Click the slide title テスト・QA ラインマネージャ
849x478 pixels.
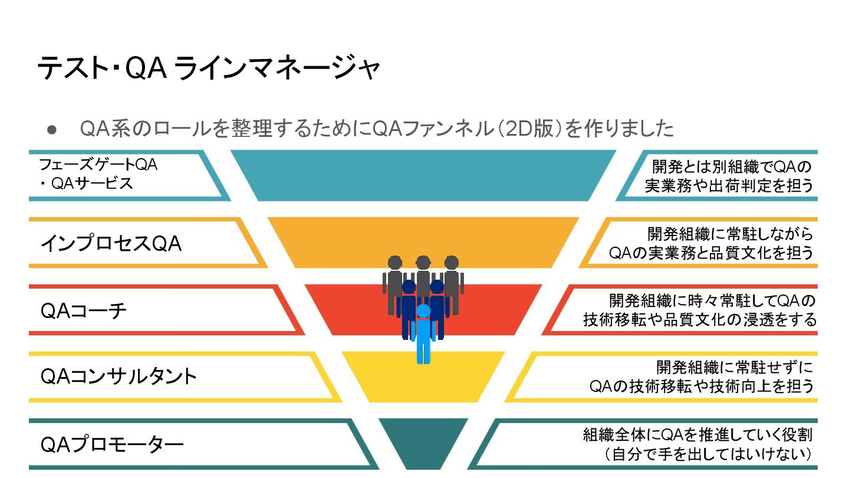click(x=209, y=68)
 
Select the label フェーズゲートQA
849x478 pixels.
click(x=98, y=165)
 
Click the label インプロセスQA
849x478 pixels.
click(x=111, y=243)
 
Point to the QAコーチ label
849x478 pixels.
click(x=83, y=310)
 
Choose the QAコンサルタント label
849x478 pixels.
click(x=119, y=376)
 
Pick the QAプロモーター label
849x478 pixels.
click(x=112, y=444)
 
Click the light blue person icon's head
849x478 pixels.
click(x=423, y=311)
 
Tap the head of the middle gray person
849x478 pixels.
click(x=423, y=263)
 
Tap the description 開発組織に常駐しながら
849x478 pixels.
click(x=730, y=234)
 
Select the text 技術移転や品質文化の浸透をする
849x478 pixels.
click(x=700, y=320)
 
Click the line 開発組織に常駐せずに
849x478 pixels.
click(x=735, y=368)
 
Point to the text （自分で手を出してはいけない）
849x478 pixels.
click(x=707, y=455)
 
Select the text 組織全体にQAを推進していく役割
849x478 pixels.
click(x=697, y=436)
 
